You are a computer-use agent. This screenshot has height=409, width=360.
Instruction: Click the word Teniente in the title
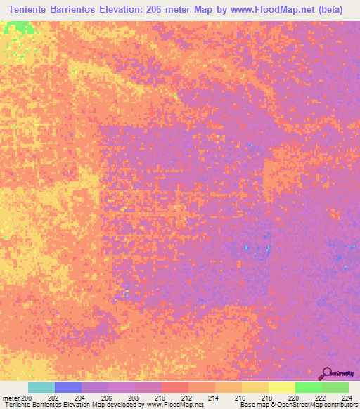(35, 9)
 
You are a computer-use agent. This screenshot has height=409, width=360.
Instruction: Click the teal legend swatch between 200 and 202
(41, 387)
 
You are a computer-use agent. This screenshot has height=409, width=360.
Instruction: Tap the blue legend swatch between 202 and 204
(67, 387)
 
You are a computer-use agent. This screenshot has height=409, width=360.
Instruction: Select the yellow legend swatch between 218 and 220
(281, 387)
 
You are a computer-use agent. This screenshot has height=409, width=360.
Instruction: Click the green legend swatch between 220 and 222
(308, 387)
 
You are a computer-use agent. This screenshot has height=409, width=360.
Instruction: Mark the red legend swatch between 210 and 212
(174, 387)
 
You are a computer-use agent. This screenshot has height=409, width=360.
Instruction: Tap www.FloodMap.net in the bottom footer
(174, 405)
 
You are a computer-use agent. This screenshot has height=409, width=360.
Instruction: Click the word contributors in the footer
(340, 405)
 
